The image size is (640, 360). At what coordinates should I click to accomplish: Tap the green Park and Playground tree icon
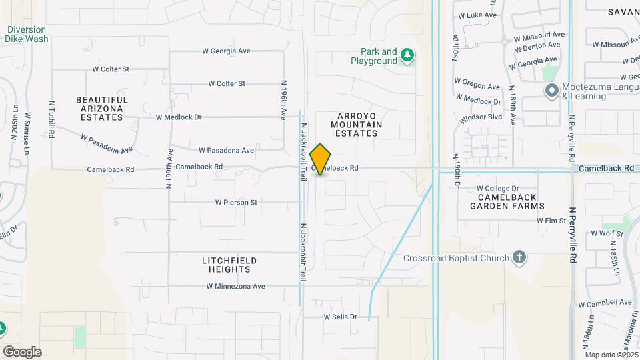click(408, 56)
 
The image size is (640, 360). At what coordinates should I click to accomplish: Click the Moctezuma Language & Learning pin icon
click(551, 91)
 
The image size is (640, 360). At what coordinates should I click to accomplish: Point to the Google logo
click(21, 351)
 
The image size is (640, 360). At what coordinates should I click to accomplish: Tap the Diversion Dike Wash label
click(27, 34)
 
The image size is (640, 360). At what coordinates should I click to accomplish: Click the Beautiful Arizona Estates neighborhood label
click(102, 108)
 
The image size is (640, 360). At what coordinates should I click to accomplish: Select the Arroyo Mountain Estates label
click(356, 124)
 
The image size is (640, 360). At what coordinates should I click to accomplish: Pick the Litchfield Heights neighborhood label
click(226, 265)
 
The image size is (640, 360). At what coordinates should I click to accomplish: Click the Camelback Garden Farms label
click(507, 201)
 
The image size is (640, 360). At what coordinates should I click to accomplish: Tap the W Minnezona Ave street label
click(235, 287)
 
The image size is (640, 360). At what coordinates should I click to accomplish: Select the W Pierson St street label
click(235, 202)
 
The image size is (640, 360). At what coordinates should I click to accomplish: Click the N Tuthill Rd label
click(51, 120)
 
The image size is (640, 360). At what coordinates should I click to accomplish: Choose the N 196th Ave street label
click(283, 101)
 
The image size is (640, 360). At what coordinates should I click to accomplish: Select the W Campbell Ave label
click(605, 303)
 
